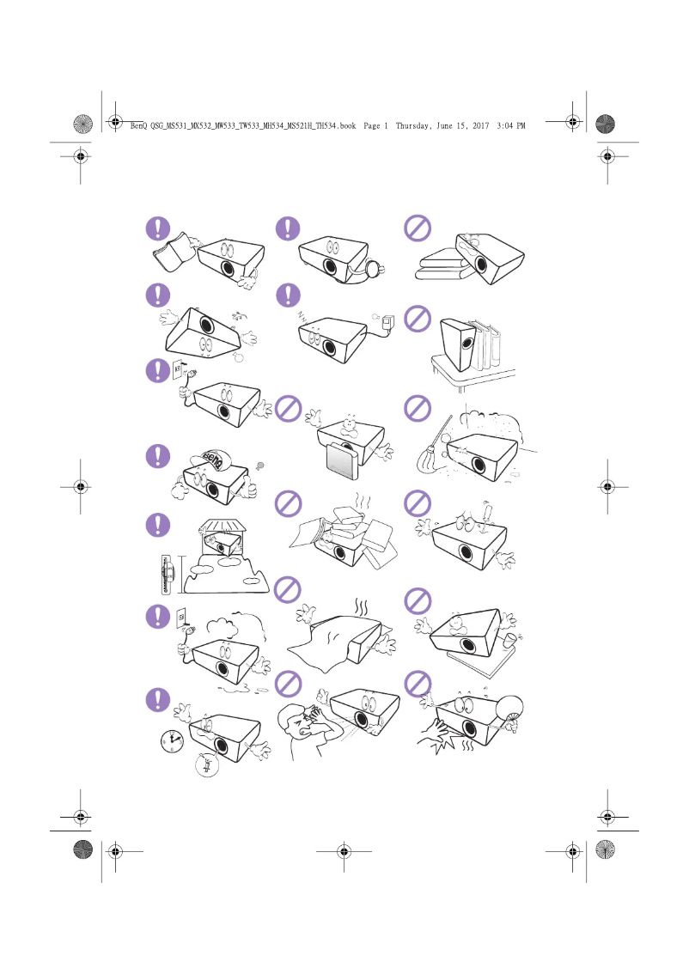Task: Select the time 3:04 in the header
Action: pyautogui.click(x=504, y=125)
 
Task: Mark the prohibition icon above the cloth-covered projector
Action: pyautogui.click(x=288, y=589)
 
